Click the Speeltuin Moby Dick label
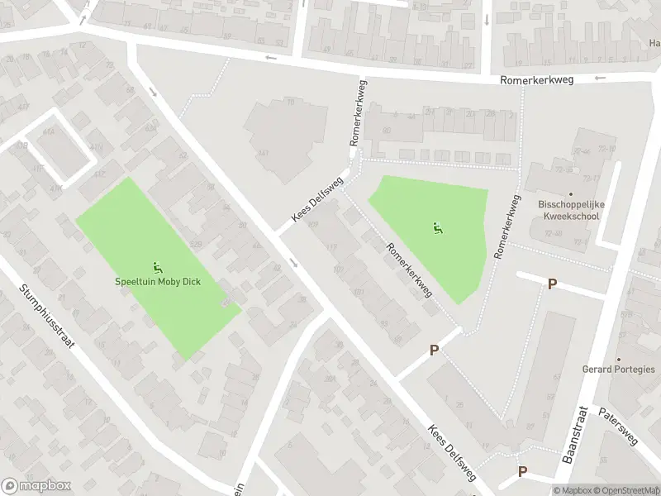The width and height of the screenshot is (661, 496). (157, 281)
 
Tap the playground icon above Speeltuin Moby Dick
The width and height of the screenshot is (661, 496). (157, 267)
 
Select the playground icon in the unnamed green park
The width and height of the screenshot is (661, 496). (436, 228)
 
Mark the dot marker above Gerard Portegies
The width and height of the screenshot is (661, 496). (618, 360)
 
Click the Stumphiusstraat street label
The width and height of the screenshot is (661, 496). (47, 317)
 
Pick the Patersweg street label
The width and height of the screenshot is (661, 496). (620, 426)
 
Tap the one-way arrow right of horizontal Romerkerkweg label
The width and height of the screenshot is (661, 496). (600, 78)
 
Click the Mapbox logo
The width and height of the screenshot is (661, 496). (36, 486)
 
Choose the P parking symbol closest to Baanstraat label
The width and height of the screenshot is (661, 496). (522, 471)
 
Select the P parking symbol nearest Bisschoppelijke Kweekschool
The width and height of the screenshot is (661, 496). (552, 284)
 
